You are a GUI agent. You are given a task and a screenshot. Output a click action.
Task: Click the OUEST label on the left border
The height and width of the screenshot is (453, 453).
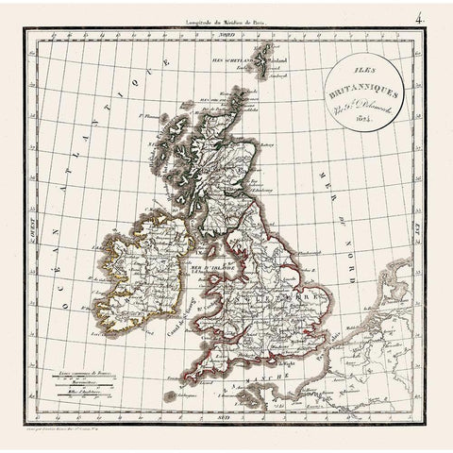pos(29,226)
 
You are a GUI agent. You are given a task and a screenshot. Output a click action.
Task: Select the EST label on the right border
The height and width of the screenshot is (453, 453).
pos(424,226)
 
